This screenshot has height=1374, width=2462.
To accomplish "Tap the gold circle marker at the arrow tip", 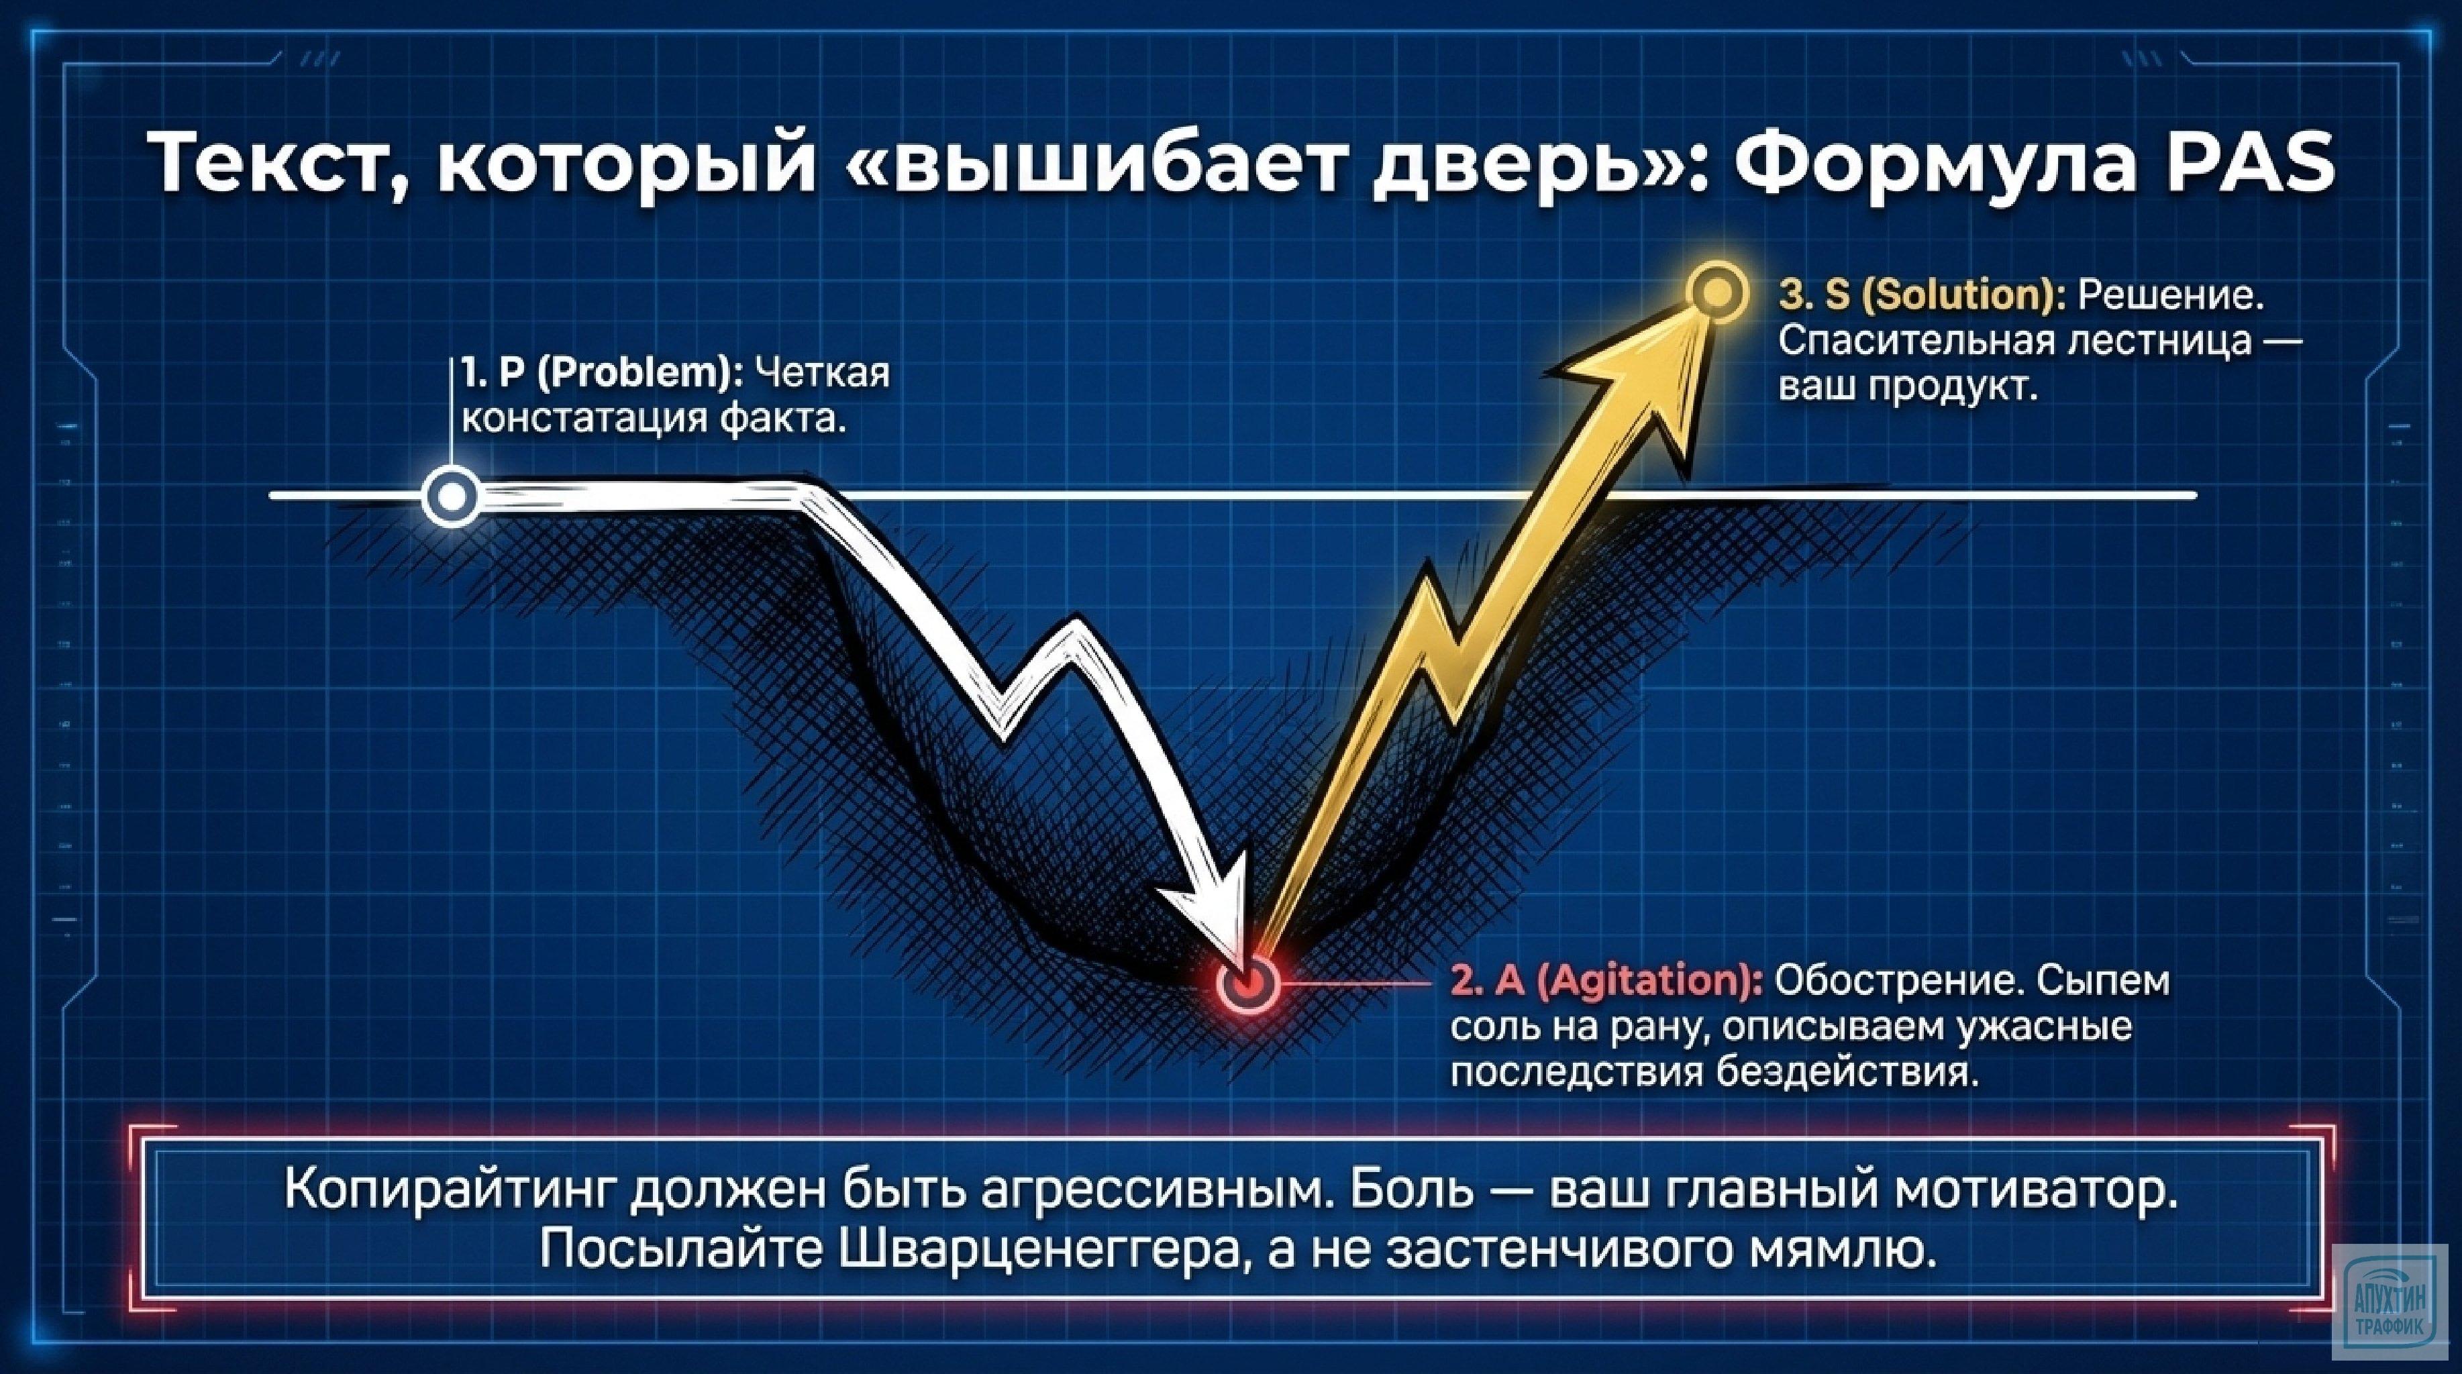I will pos(1716,293).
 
